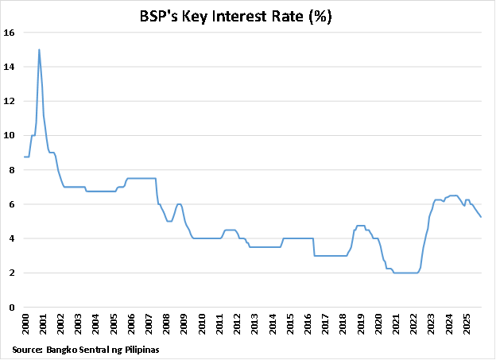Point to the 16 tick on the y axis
coord(10,33)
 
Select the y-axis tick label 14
coord(10,67)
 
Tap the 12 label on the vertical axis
coord(10,101)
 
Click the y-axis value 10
coord(10,135)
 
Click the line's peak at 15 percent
coord(39,49)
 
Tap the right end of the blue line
coord(481,217)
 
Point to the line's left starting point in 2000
coord(24,157)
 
